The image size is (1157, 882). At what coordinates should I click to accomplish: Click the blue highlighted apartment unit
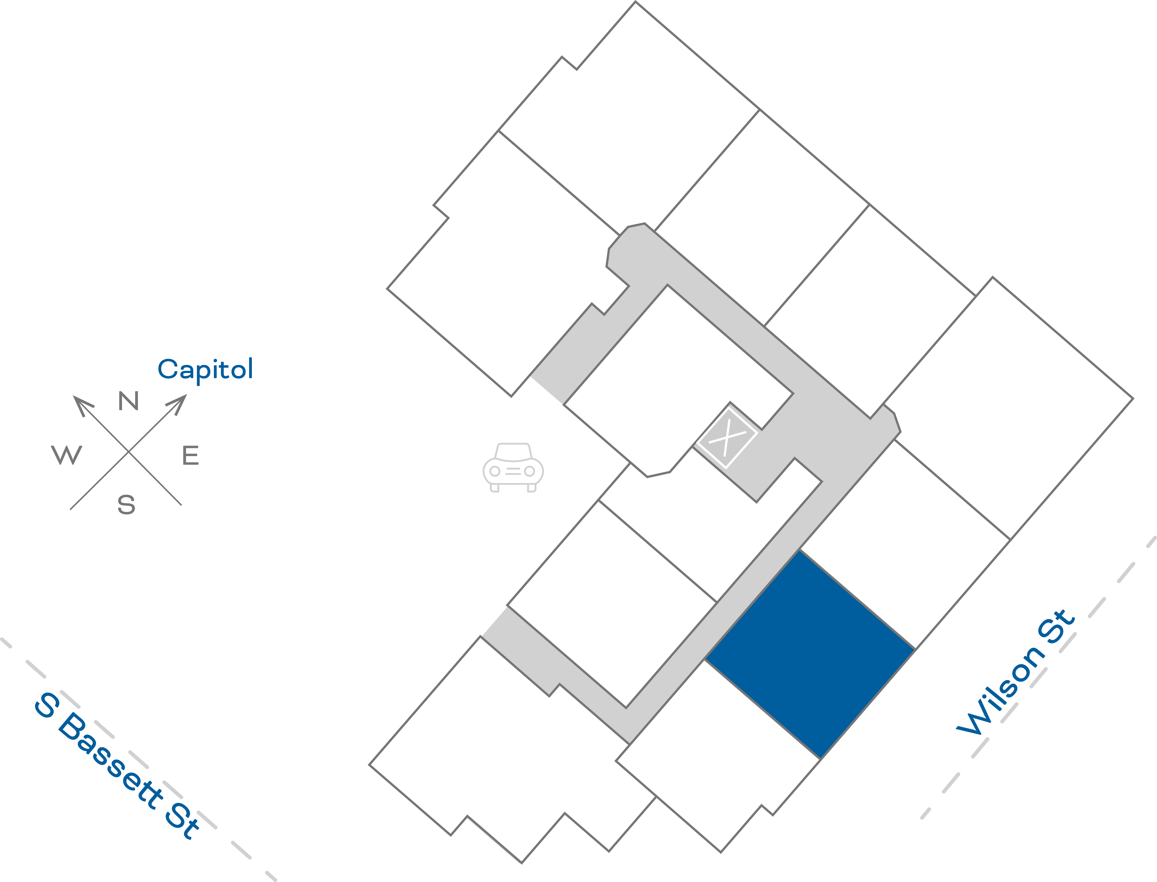(x=810, y=654)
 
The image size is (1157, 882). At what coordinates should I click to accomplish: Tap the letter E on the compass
(x=191, y=455)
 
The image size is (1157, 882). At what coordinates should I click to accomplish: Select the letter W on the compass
(x=67, y=455)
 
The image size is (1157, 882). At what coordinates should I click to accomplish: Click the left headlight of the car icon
(x=494, y=471)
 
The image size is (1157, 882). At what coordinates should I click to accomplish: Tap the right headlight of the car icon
(x=530, y=471)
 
